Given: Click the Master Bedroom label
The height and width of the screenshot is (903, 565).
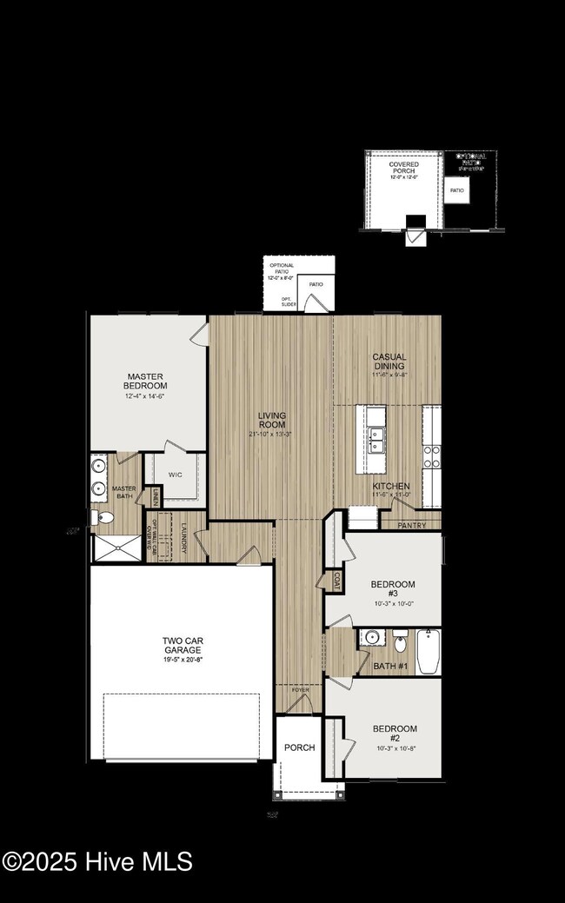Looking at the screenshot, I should coord(144,381).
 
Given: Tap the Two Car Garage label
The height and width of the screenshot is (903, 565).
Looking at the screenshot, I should coord(183,645).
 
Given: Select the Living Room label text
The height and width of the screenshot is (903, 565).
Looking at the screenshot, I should coord(271,421).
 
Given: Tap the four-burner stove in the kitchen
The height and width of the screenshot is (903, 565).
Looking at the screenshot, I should coord(431,457).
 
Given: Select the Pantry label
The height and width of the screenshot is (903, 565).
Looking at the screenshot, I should coord(411,526).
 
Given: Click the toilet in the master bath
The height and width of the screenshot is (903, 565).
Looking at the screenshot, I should coord(103,518).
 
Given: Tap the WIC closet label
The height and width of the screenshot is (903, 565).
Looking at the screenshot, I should coord(176,475).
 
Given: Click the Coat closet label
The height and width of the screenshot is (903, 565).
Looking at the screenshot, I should coord(335,581).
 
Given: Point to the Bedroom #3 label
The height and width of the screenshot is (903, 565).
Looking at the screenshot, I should coord(393,590).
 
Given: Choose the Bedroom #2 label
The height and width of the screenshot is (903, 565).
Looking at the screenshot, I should coord(395,734).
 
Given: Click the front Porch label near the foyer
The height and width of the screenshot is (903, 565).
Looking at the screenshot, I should coord(299,747).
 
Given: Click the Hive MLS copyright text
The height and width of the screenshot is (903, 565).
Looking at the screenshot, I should coord(96,862).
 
